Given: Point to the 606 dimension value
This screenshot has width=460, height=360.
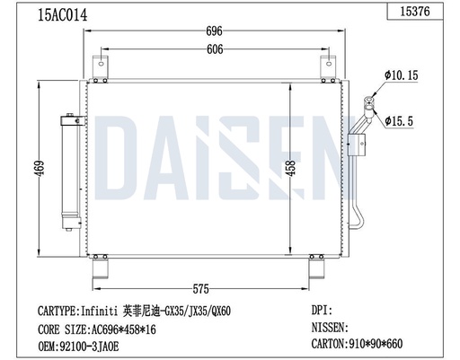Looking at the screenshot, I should point(215,51).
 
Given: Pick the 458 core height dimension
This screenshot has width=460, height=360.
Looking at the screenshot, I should point(289,169).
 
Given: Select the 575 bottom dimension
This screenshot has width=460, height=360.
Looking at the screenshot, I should point(201,289).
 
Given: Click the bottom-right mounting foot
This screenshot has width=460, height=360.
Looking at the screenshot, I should point(317,268).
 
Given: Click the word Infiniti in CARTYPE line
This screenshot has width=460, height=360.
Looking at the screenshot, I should point(100,312).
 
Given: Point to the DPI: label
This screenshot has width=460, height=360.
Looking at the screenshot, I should point(322,312).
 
